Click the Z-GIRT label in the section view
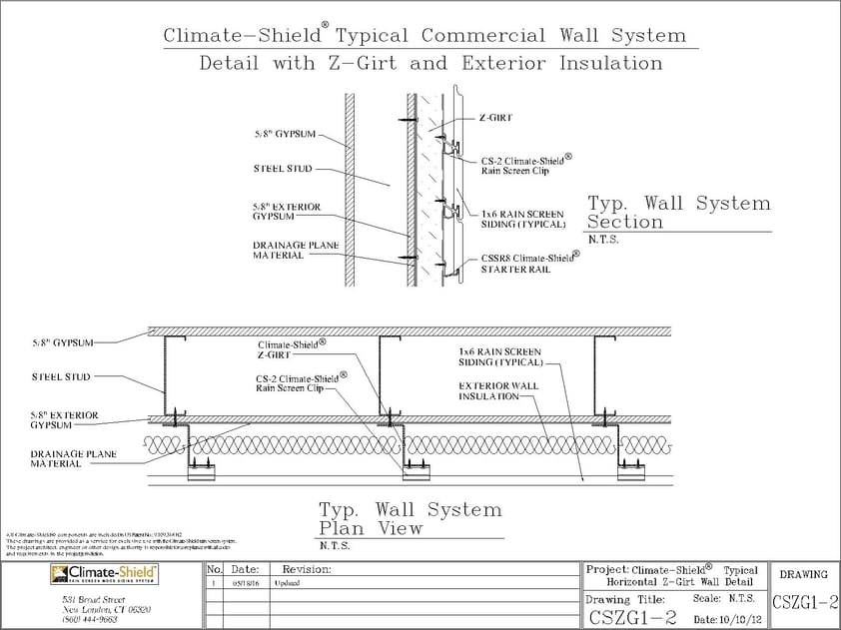click(496, 117)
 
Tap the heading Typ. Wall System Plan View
click(410, 519)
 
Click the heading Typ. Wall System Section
click(678, 212)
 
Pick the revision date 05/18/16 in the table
click(245, 583)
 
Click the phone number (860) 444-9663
click(88, 619)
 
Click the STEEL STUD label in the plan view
click(61, 376)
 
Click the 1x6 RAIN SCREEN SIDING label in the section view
click(522, 219)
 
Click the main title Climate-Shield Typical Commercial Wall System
click(425, 36)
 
